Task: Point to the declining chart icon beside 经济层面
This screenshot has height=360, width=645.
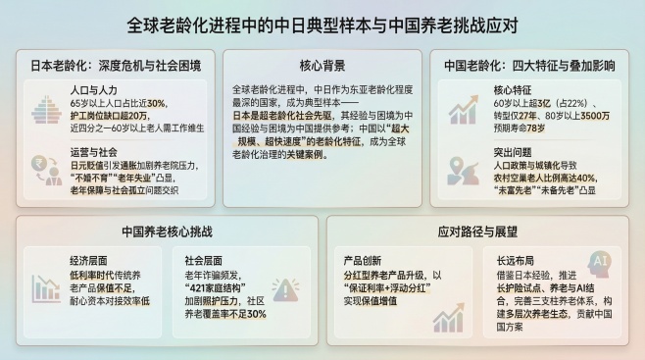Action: tap(46, 288)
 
